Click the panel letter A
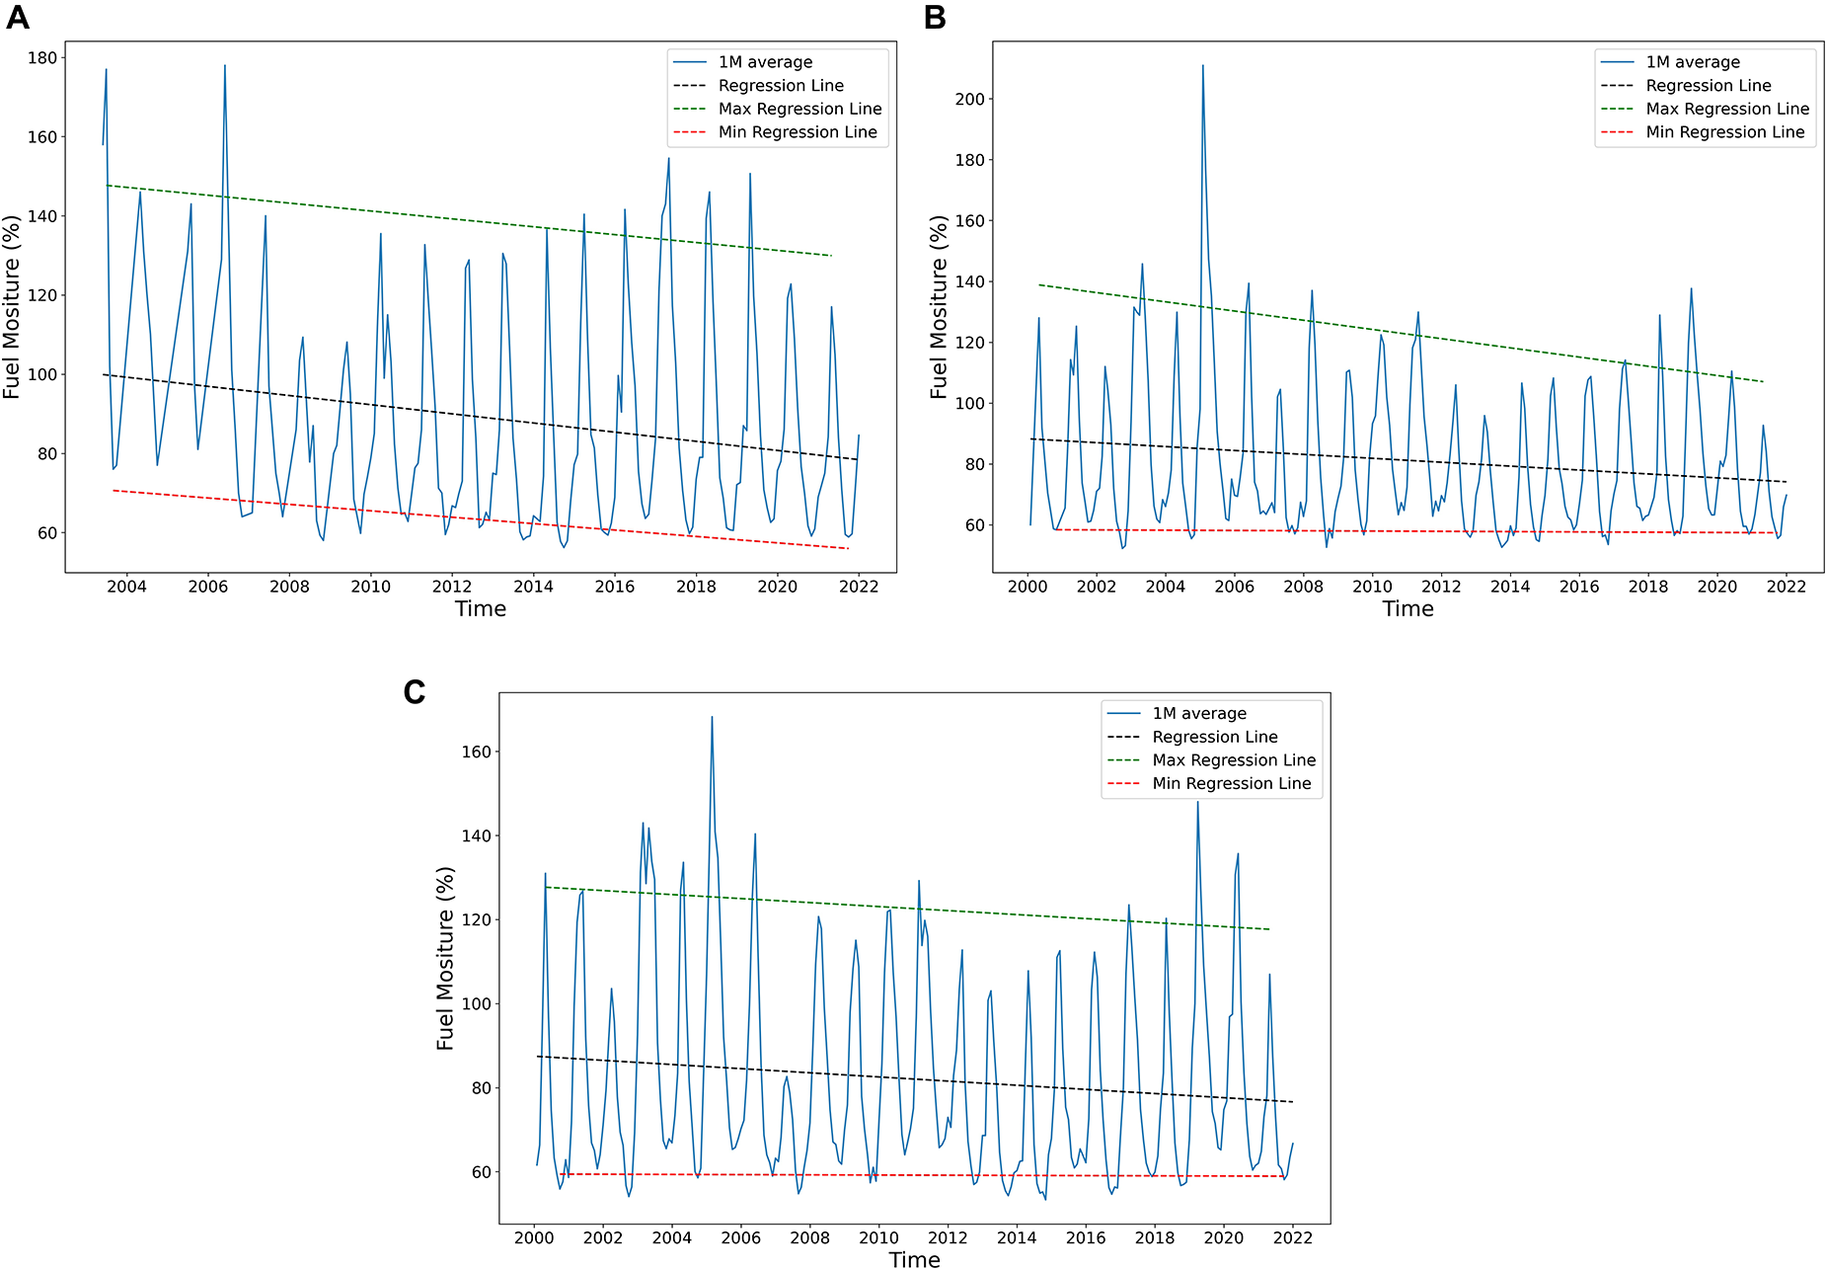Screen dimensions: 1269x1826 [17, 18]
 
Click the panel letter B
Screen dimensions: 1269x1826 [935, 18]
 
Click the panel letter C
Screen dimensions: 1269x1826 [414, 692]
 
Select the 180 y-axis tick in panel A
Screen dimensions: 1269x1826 [42, 58]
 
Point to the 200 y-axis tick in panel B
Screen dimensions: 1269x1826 [970, 100]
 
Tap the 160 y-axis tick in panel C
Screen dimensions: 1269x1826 [477, 752]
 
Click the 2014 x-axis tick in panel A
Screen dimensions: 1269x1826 [533, 587]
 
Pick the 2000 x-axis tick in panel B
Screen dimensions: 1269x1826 [1027, 587]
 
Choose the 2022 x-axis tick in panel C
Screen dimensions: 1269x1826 [1293, 1238]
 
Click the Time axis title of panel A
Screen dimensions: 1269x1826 [481, 609]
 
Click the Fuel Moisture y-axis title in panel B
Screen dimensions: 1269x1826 [939, 307]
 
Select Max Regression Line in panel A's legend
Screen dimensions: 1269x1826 [799, 109]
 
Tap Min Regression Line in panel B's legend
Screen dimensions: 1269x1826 [1724, 132]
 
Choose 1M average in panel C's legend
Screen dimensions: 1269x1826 [1199, 713]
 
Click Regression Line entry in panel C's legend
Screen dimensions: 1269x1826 [1214, 737]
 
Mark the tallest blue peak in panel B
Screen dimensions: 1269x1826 [1202, 66]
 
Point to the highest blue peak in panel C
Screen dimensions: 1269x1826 [712, 718]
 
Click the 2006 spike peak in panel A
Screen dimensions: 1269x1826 [225, 66]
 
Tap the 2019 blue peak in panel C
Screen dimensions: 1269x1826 [1198, 803]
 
